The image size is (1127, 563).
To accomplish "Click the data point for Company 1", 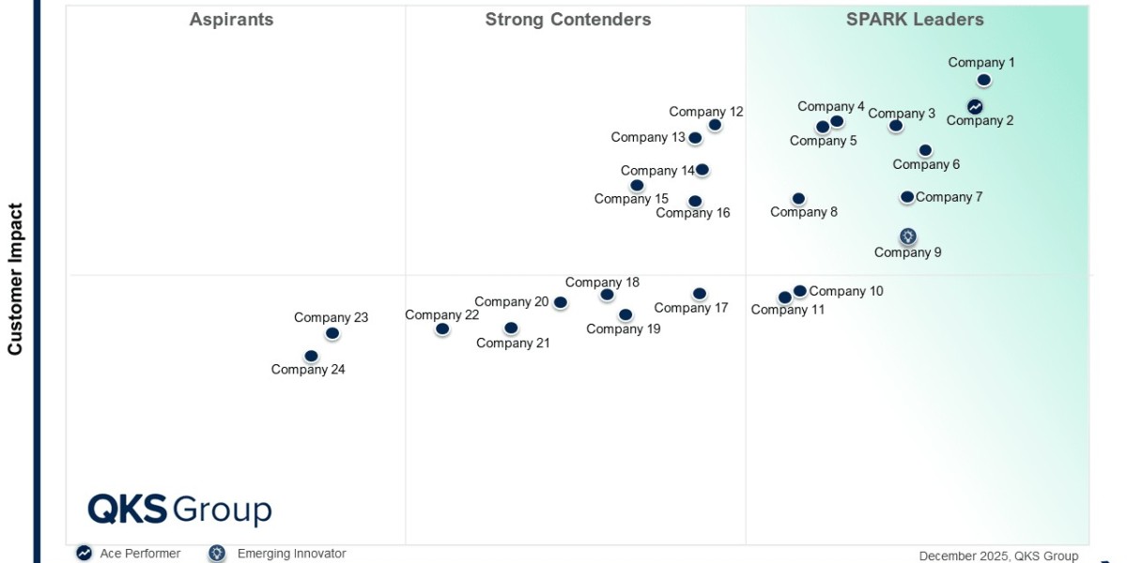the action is pyautogui.click(x=983, y=80).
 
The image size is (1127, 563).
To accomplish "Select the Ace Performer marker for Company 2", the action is pyautogui.click(x=975, y=107).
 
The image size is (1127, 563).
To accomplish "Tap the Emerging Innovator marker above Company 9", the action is pyautogui.click(x=908, y=236).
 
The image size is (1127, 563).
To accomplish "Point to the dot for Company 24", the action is pyautogui.click(x=312, y=356).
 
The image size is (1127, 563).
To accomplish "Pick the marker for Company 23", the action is pyautogui.click(x=332, y=333).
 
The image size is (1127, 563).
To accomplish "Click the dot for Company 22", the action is pyautogui.click(x=442, y=329).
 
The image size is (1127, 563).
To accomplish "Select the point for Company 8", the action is pyautogui.click(x=798, y=199).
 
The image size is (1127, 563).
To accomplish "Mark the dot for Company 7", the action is pyautogui.click(x=907, y=197).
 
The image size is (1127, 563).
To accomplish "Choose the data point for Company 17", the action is pyautogui.click(x=700, y=294).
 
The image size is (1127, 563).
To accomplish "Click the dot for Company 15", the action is pyautogui.click(x=637, y=186).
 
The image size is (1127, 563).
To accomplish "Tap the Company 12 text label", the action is pyautogui.click(x=706, y=112).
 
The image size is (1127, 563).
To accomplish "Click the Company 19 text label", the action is pyautogui.click(x=624, y=328).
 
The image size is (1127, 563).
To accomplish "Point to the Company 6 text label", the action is pyautogui.click(x=926, y=164).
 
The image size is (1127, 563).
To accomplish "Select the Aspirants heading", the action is pyautogui.click(x=231, y=20).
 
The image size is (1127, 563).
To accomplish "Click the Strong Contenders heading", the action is pyautogui.click(x=568, y=20).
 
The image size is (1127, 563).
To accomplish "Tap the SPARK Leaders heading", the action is pyautogui.click(x=915, y=20).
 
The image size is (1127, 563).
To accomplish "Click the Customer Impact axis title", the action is pyautogui.click(x=15, y=279).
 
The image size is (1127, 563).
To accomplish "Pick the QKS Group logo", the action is pyautogui.click(x=179, y=510).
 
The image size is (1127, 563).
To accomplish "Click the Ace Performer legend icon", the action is pyautogui.click(x=84, y=553).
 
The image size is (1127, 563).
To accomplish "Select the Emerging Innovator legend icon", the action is pyautogui.click(x=217, y=553).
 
